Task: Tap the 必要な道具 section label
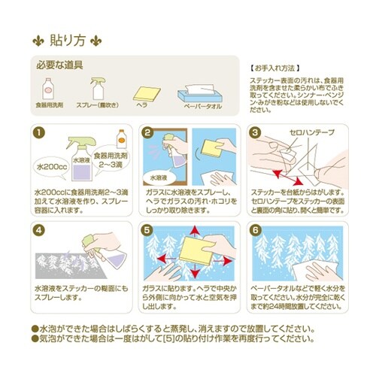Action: click(x=59, y=65)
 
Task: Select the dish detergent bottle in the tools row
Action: click(x=48, y=88)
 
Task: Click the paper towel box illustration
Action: click(x=199, y=94)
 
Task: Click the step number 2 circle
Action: click(x=148, y=134)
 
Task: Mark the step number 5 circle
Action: click(x=148, y=232)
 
